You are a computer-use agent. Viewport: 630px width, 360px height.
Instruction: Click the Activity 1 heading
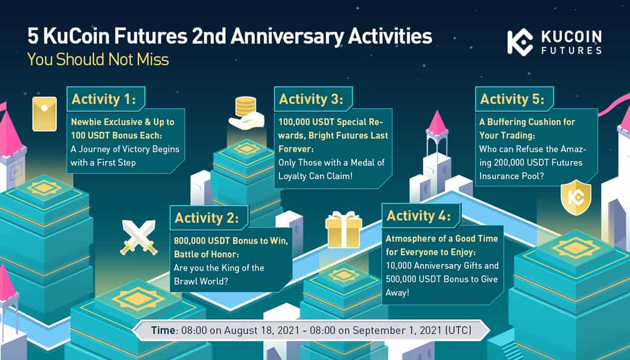tap(103, 99)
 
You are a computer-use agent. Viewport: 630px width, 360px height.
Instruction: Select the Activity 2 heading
tap(207, 218)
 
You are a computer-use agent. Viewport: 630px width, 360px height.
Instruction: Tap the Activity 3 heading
tap(311, 99)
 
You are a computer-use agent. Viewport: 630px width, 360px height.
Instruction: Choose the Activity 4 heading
tap(418, 216)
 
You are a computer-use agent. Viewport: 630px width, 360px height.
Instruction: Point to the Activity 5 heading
tap(512, 99)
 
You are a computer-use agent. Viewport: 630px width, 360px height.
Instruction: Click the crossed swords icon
tap(138, 238)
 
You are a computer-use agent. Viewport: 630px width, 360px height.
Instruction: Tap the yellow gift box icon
tap(343, 230)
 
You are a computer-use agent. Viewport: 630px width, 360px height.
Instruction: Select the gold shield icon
tap(576, 198)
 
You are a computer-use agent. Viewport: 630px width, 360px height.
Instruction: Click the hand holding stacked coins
tap(246, 113)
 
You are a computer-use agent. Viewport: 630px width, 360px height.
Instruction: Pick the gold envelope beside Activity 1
tap(44, 114)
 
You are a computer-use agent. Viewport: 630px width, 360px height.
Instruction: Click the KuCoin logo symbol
tap(519, 42)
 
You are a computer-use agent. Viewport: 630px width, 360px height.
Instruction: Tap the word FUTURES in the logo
tap(572, 50)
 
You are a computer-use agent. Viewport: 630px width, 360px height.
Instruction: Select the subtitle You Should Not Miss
tap(98, 60)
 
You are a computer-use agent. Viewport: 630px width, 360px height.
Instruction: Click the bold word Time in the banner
tap(164, 330)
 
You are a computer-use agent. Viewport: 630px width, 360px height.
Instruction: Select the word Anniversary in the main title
tap(287, 36)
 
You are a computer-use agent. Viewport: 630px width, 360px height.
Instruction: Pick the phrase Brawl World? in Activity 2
tap(201, 281)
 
